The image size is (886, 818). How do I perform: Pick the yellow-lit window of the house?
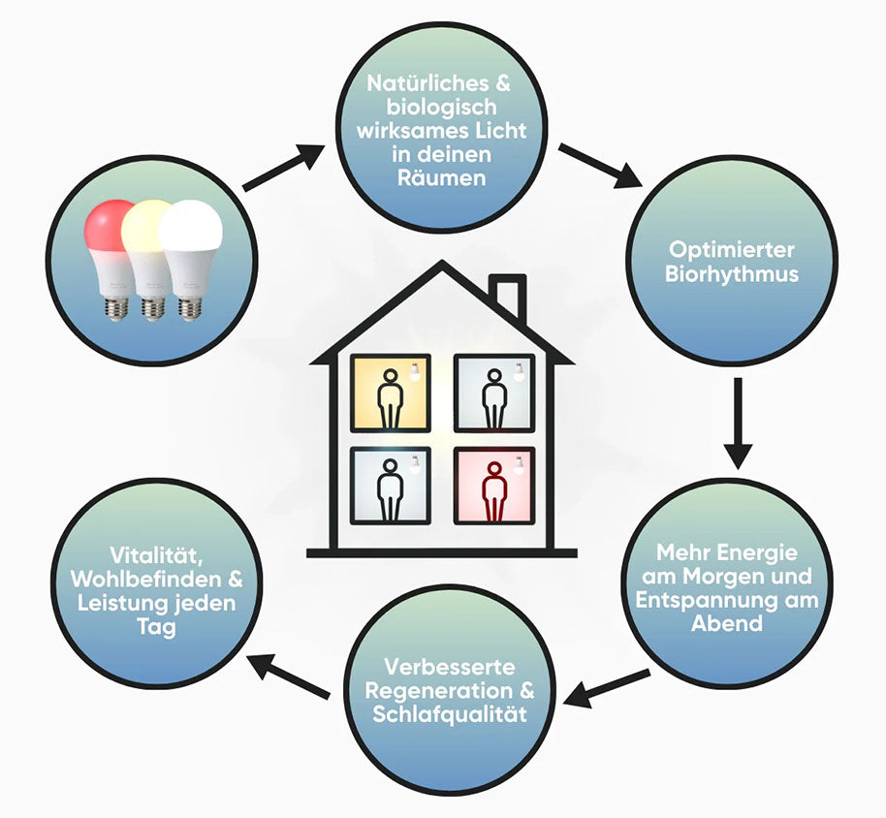point(391,393)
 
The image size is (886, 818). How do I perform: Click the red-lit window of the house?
point(494,487)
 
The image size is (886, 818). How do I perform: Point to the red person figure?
point(494,491)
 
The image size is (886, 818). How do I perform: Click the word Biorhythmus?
point(732,274)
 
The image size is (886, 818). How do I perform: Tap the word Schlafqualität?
point(450,714)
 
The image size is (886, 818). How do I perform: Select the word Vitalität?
point(156,556)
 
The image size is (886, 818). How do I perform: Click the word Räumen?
point(442,178)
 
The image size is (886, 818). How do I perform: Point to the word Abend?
point(727,623)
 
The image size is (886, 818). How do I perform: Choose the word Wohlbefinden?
point(146,579)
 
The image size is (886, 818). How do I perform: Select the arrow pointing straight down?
point(738,424)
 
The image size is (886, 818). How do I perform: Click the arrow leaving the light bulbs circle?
point(284,168)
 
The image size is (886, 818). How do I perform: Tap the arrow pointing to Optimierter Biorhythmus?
point(601,166)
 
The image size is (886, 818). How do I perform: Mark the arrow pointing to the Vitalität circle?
point(289,676)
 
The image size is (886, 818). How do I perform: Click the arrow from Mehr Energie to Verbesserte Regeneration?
point(606,688)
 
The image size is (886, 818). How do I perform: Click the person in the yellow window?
point(391,398)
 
